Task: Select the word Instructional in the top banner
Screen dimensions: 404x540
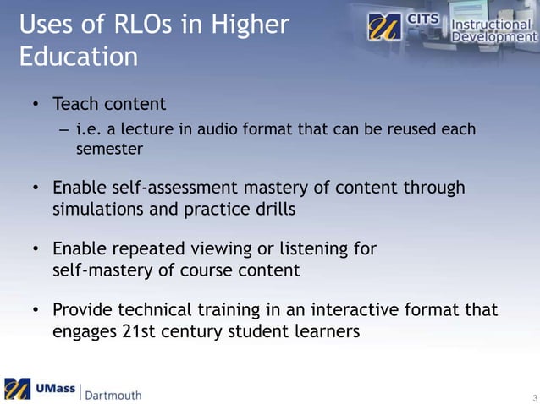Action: pos(494,23)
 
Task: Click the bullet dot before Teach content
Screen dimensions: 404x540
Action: pos(36,106)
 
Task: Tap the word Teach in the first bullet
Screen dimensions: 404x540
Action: pos(74,105)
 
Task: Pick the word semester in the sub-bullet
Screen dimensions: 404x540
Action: pos(107,149)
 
